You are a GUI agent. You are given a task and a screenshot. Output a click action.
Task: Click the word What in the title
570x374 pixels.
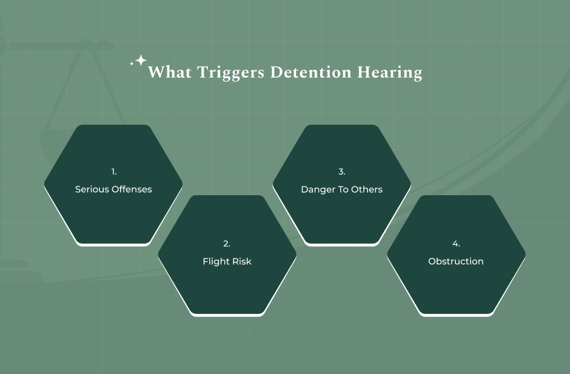[x=168, y=72]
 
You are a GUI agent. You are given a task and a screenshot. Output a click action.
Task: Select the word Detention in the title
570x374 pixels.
[x=310, y=72]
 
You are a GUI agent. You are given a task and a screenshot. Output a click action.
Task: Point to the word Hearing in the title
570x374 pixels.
[x=389, y=73]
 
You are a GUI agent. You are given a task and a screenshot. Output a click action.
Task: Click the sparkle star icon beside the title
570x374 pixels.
[x=140, y=61]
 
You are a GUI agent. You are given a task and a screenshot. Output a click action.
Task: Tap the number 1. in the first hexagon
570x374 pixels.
[x=113, y=172]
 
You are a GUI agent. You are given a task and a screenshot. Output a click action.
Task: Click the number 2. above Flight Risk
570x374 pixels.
[x=227, y=244]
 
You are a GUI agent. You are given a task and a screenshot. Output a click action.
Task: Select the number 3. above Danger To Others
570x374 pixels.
[x=341, y=172]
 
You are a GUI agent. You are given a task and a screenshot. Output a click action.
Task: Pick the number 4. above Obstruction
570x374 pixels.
[x=456, y=244]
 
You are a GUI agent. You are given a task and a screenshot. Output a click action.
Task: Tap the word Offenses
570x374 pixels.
[x=132, y=189]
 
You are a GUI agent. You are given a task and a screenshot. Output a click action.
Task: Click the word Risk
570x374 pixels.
[x=241, y=261]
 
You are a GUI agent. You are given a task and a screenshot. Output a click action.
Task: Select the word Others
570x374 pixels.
[x=367, y=189]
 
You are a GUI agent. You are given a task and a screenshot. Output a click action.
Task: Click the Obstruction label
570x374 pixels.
[x=456, y=261]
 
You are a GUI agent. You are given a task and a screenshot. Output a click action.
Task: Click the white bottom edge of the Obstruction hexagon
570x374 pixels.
[x=456, y=315]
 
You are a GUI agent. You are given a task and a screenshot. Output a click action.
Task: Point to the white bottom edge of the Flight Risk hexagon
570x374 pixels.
[x=227, y=315]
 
